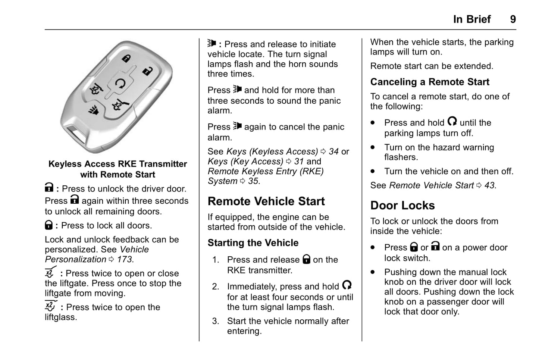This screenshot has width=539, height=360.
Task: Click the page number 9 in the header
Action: click(x=513, y=19)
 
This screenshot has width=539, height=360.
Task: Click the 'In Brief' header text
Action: click(x=472, y=19)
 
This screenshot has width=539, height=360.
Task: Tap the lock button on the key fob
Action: click(x=126, y=58)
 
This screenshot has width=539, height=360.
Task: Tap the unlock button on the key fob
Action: click(x=148, y=71)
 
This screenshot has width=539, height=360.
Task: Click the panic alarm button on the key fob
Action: click(x=93, y=110)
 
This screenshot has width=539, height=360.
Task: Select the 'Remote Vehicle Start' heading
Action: click(x=266, y=201)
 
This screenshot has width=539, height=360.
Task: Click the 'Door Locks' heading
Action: click(x=402, y=206)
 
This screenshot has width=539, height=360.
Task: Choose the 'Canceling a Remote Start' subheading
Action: click(x=430, y=82)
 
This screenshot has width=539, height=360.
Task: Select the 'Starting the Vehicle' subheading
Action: click(x=253, y=243)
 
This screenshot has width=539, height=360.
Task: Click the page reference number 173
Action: click(x=125, y=259)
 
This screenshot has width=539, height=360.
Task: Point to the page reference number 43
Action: click(x=489, y=185)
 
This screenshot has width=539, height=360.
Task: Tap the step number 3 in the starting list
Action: click(x=215, y=321)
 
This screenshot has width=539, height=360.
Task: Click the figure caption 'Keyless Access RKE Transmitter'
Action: click(x=117, y=164)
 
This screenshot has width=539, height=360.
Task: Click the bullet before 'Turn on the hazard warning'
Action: click(x=373, y=147)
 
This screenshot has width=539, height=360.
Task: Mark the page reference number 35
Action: click(x=253, y=181)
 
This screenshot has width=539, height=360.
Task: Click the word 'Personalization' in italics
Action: click(x=76, y=259)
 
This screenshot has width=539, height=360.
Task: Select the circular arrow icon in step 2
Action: click(x=347, y=285)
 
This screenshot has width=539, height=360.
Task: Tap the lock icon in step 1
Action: click(x=306, y=259)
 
